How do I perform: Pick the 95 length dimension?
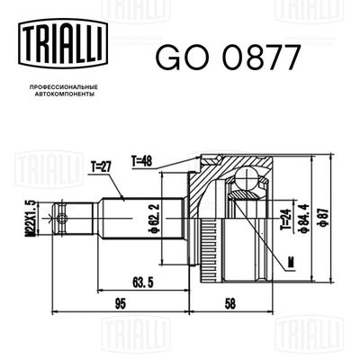pyautogui.click(x=120, y=303)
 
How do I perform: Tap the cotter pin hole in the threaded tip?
pyautogui.click(x=63, y=217)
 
